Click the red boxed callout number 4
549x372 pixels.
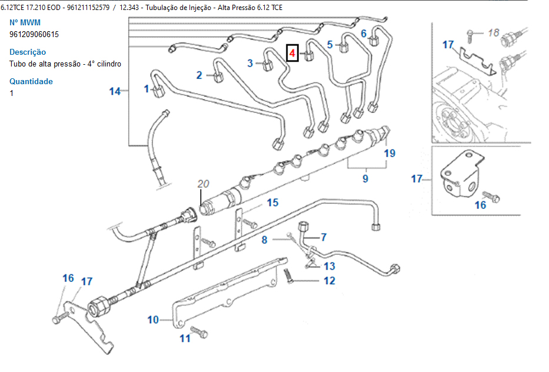[x=292, y=54]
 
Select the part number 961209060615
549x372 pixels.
[x=34, y=34]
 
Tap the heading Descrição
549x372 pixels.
[x=28, y=52]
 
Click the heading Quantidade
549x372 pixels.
[x=31, y=81]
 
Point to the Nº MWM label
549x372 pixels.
[x=25, y=22]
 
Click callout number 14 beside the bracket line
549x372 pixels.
[x=115, y=91]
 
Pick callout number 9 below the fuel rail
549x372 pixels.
[x=365, y=178]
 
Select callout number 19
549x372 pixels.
[x=390, y=154]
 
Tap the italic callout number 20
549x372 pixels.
[x=203, y=184]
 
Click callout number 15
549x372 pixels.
[x=272, y=203]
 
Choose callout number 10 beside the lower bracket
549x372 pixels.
[x=153, y=320]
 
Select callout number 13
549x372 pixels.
[x=329, y=266]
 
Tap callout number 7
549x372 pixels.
[x=322, y=237]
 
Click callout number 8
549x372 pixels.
[x=264, y=240]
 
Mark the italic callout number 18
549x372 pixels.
[x=493, y=33]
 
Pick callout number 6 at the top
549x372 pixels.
[x=364, y=33]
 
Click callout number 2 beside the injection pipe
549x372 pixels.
[x=199, y=75]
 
